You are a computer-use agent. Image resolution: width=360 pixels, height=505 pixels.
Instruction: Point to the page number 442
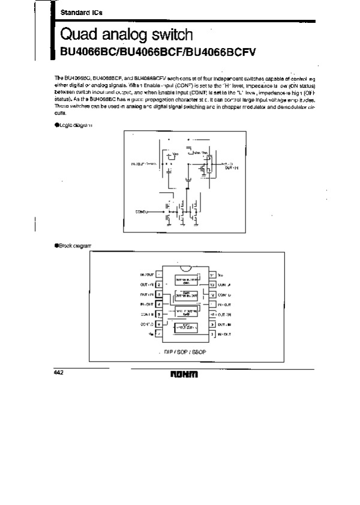pos(59,373)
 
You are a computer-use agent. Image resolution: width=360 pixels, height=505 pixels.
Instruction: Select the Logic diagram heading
pos(77,124)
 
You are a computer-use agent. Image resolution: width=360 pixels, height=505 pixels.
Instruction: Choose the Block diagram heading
pos(77,246)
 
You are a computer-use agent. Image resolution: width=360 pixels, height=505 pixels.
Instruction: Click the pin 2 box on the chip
pos(158,285)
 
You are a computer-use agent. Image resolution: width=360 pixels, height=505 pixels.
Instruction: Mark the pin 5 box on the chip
pos(158,313)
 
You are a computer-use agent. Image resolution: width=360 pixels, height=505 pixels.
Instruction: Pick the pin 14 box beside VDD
pos(212,274)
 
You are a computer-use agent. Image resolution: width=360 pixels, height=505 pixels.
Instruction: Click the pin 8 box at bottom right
pos(212,333)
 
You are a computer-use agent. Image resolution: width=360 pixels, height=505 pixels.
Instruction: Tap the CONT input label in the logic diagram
pos(142,211)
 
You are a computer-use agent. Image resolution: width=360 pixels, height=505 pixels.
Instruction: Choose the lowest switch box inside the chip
pos(185,327)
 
